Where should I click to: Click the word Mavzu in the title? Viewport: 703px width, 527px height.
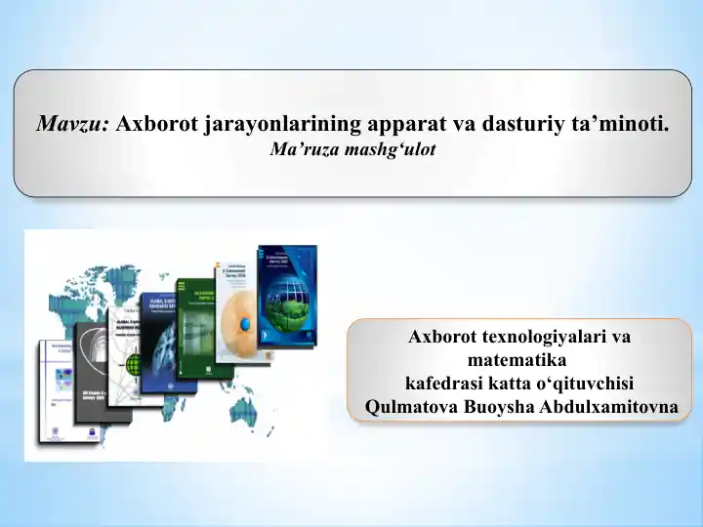click(74, 124)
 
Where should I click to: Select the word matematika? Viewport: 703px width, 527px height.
click(519, 359)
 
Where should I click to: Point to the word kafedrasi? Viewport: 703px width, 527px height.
click(438, 383)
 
